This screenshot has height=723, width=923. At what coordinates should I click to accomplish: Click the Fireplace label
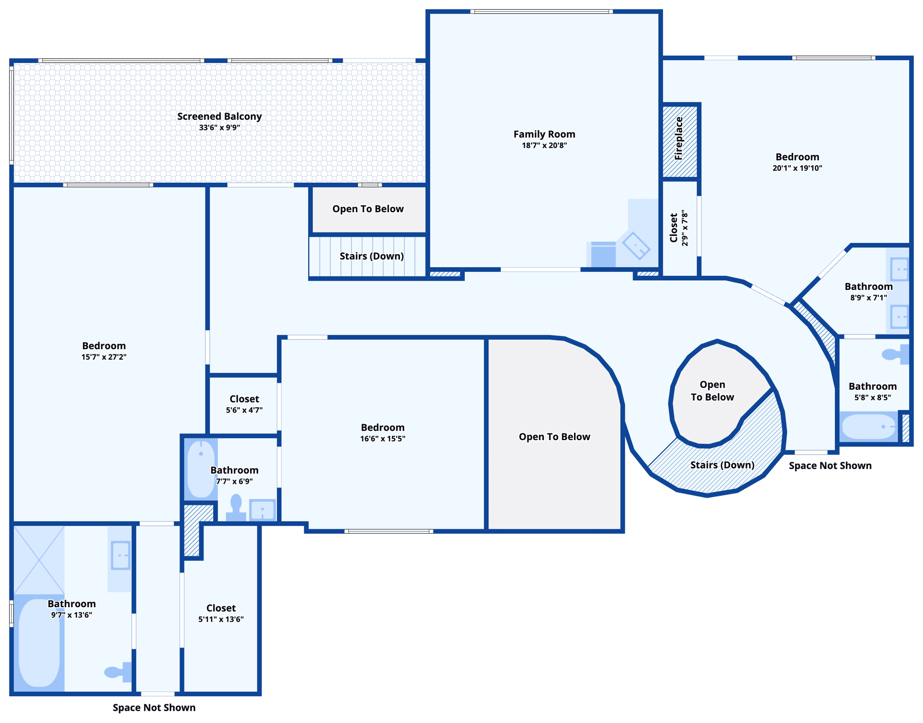pos(679,139)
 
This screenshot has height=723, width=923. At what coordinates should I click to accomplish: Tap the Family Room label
pos(544,135)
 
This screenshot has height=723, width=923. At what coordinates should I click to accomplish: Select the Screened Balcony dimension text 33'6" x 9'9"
pos(219,128)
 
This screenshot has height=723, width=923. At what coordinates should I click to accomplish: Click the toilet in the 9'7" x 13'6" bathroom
pos(117,672)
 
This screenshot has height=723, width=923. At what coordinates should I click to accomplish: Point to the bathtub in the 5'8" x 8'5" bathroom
pos(868,426)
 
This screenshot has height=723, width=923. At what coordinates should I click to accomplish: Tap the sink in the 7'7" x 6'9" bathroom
pos(263,510)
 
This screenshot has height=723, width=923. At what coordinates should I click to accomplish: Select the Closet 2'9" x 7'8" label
pos(674,228)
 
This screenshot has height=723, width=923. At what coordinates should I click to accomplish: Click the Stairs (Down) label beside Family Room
pos(372,256)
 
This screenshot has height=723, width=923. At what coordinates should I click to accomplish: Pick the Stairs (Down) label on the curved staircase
pos(722,465)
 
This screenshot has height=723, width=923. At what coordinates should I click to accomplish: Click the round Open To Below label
pos(712,391)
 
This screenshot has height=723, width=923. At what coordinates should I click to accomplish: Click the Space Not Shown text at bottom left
pos(154,707)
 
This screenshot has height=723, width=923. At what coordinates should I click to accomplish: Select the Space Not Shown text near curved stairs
pos(830,466)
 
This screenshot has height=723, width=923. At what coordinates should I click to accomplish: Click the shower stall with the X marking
pos(39,560)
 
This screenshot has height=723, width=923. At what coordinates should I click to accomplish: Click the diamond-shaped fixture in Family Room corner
pos(636,246)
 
